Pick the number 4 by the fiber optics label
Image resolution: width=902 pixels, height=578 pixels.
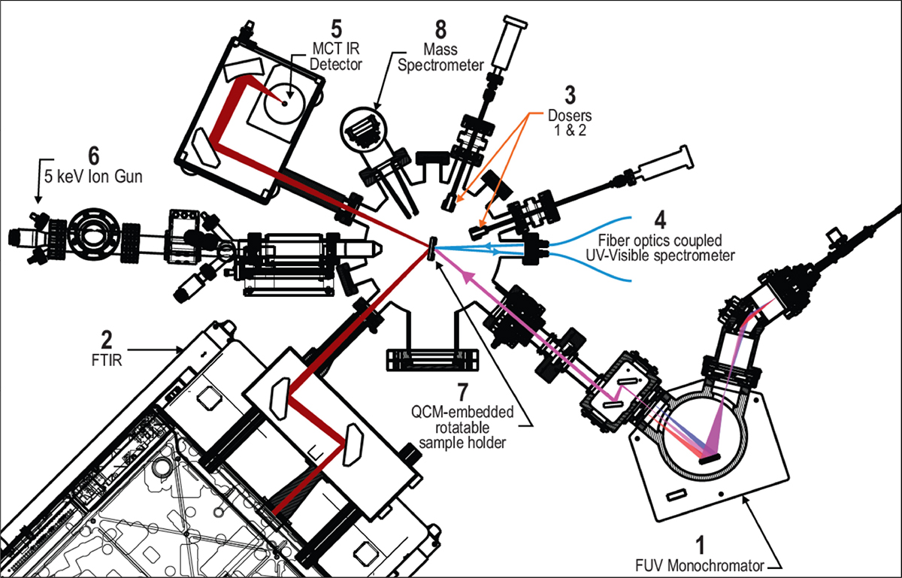pos(660,222)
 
